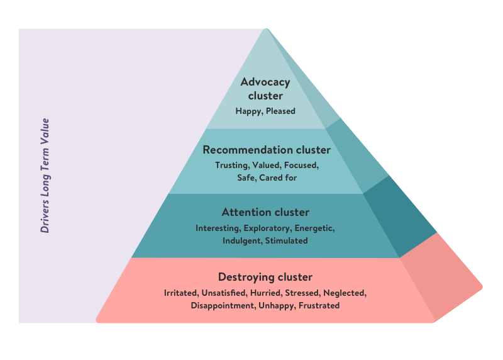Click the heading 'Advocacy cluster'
click(x=265, y=89)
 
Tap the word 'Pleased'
click(x=280, y=111)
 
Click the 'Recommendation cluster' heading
click(x=266, y=150)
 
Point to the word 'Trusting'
click(x=231, y=166)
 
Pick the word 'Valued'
click(x=265, y=166)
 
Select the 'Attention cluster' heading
click(x=265, y=212)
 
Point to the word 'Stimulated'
click(x=287, y=240)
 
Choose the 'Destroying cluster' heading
click(x=265, y=277)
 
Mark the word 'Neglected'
click(x=345, y=293)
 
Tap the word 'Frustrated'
click(x=319, y=306)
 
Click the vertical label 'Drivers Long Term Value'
click(x=45, y=176)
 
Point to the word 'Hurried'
click(x=265, y=293)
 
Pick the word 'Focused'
click(x=301, y=166)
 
